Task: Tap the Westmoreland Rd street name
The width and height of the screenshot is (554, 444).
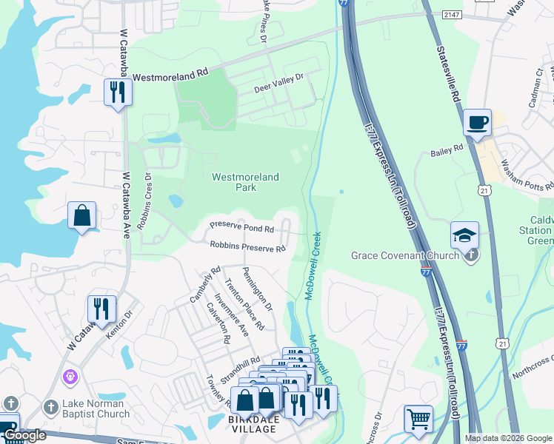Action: point(171,75)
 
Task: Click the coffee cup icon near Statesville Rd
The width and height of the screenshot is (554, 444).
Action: point(478,121)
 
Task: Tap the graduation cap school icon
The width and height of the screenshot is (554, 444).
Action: point(464,235)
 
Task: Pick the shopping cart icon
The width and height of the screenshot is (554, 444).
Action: point(418,418)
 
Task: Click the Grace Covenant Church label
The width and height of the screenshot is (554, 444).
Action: point(404,256)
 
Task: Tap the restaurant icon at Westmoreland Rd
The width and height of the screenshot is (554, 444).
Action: point(117,92)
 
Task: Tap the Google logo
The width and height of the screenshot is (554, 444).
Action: point(24,436)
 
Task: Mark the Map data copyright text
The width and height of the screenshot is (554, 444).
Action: point(508,438)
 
